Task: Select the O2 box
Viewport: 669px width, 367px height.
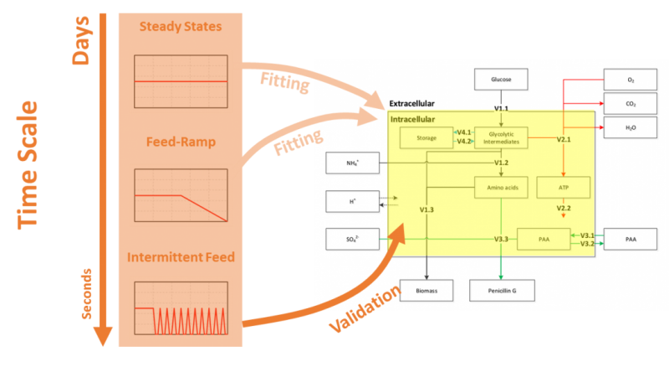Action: coord(631,80)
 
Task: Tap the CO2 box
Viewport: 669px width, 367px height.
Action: coord(631,104)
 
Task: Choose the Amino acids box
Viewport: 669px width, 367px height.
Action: coord(502,187)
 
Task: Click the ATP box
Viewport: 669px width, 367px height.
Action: coord(563,187)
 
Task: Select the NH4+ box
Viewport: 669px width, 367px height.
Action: coord(353,163)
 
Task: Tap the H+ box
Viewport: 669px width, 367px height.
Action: coord(353,201)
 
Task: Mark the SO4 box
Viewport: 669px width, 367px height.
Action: coord(353,240)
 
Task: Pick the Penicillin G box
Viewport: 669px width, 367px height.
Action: coord(502,290)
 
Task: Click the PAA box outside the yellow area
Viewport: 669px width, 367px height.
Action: coord(631,240)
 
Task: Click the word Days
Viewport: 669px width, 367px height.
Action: coord(81,39)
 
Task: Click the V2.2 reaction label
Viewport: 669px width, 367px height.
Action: coord(564,208)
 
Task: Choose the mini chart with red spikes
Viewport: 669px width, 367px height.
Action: coord(180,309)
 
